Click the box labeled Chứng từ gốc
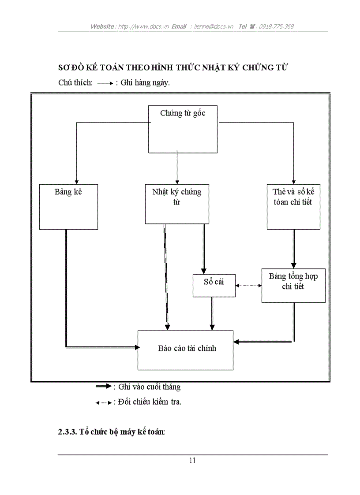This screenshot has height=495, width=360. [x=182, y=129]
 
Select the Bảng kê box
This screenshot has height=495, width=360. [x=68, y=207]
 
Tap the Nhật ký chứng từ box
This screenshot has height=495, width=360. [x=176, y=204]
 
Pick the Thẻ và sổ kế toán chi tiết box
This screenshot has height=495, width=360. [x=293, y=207]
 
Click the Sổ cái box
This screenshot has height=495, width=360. [x=214, y=285]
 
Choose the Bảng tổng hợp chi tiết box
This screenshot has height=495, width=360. [x=293, y=285]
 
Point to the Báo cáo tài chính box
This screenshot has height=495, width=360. [x=186, y=350]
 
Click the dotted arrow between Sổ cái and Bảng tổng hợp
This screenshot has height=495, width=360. [x=248, y=285]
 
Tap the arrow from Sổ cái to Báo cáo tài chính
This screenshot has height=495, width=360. [x=212, y=313]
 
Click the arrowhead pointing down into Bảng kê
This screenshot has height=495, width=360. [x=77, y=181]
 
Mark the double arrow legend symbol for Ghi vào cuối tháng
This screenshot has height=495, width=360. [x=104, y=387]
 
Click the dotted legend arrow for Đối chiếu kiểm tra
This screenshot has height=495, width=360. [x=104, y=402]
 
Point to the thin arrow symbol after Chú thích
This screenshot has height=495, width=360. [x=105, y=83]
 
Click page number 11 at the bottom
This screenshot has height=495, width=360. [x=192, y=461]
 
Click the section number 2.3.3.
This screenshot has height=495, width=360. [x=67, y=432]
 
